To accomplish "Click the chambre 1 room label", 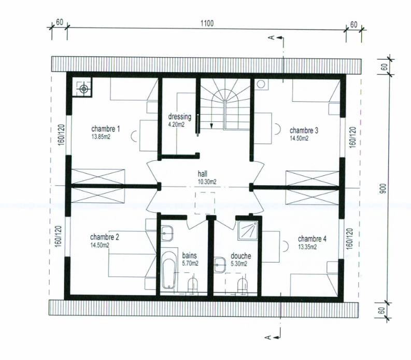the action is coord(106,129).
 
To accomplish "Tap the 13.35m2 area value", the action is coord(307,247).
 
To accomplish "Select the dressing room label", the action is coord(180,117).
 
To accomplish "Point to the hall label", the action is coord(203,174).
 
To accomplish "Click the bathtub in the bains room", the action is coord(168,271).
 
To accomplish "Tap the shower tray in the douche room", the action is coord(248,230).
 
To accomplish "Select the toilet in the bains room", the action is coord(193,284).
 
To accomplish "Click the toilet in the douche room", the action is coord(243,284).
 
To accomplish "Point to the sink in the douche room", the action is coord(220,265).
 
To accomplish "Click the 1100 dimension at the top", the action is coord(207,23).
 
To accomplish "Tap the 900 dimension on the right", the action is coord(383,189).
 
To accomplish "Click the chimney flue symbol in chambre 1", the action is coord(84,89).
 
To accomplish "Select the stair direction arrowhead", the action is coord(211,126).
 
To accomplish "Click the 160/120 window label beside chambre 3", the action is coord(353,137).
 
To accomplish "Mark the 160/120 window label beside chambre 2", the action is coord(58,237).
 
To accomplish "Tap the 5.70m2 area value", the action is coord(190,263).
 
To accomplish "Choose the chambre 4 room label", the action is coord(312,239).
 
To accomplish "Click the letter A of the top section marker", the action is coord(272,37).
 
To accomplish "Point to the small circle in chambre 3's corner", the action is coord(261,84).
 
